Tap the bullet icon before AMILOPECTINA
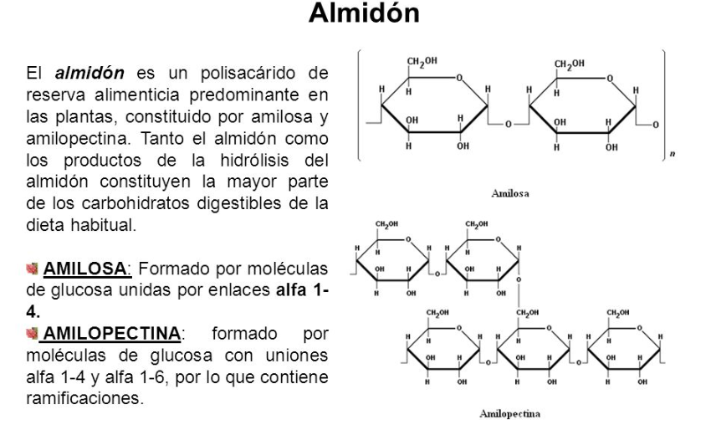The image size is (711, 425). pyautogui.click(x=33, y=334)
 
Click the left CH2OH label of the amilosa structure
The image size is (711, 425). pyautogui.click(x=422, y=62)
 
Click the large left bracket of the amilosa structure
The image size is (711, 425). pyautogui.click(x=360, y=105)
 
